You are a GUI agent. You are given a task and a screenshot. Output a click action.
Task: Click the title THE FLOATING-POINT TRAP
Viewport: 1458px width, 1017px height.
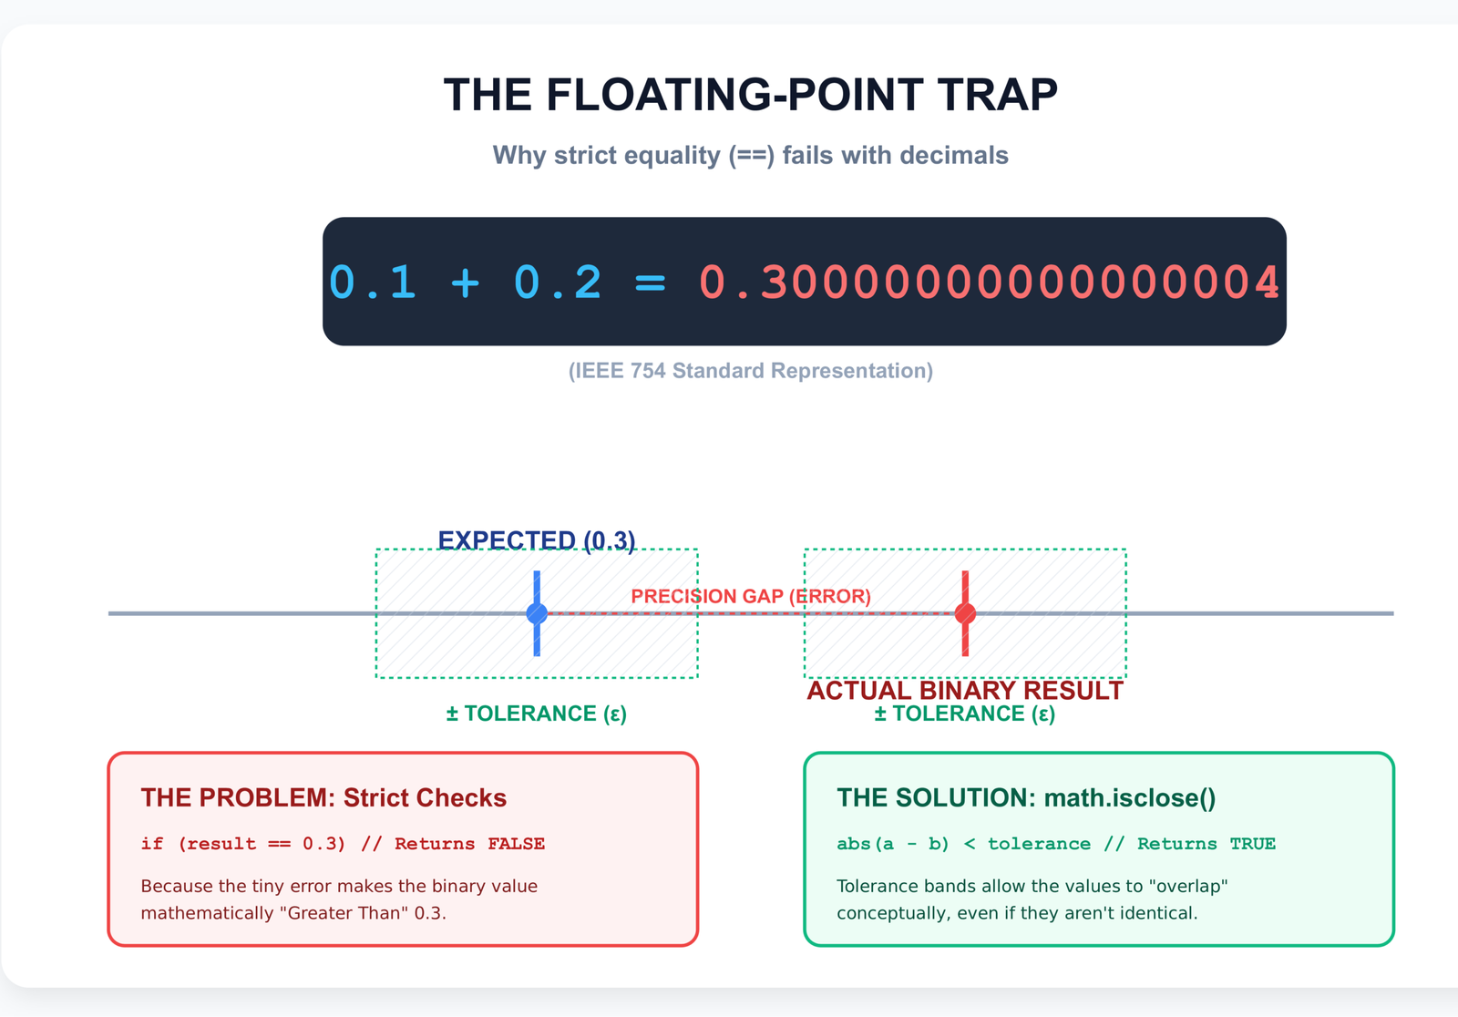750,96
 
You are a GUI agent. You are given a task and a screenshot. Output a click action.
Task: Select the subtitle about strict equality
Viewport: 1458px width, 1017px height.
750,156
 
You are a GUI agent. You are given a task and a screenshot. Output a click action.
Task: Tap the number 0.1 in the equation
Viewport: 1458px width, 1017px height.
372,282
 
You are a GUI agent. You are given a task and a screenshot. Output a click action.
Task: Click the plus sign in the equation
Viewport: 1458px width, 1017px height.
465,282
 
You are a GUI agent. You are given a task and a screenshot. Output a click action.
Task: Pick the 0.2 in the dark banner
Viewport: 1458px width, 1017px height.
558,282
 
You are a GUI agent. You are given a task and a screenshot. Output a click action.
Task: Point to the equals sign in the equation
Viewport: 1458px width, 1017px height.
650,282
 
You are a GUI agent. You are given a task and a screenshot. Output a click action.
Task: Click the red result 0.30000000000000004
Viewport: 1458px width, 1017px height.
990,282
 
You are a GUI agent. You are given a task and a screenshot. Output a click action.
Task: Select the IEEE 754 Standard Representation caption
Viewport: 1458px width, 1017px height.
750,371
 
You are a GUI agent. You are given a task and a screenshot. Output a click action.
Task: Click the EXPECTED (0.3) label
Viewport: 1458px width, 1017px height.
537,540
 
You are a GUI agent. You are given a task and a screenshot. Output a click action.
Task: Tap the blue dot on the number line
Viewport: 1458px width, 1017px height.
537,613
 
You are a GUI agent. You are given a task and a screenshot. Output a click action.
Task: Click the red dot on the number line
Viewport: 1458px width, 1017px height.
965,613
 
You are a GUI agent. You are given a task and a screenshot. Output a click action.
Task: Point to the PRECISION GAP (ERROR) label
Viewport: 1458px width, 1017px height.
751,597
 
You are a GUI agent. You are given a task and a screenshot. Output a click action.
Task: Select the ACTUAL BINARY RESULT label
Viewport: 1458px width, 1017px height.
965,691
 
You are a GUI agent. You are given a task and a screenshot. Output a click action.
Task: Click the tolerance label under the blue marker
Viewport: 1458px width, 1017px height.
537,714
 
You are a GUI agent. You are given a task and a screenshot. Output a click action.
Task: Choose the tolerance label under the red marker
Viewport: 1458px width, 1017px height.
965,714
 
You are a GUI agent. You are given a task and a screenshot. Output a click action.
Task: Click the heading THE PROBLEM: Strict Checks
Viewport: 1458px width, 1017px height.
323,798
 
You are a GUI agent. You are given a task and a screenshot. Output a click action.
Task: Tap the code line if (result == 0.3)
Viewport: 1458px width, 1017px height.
343,844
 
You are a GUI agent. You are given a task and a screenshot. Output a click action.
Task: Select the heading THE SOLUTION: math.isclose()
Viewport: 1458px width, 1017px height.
1026,798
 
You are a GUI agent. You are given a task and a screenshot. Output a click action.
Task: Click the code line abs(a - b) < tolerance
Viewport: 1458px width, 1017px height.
1055,844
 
